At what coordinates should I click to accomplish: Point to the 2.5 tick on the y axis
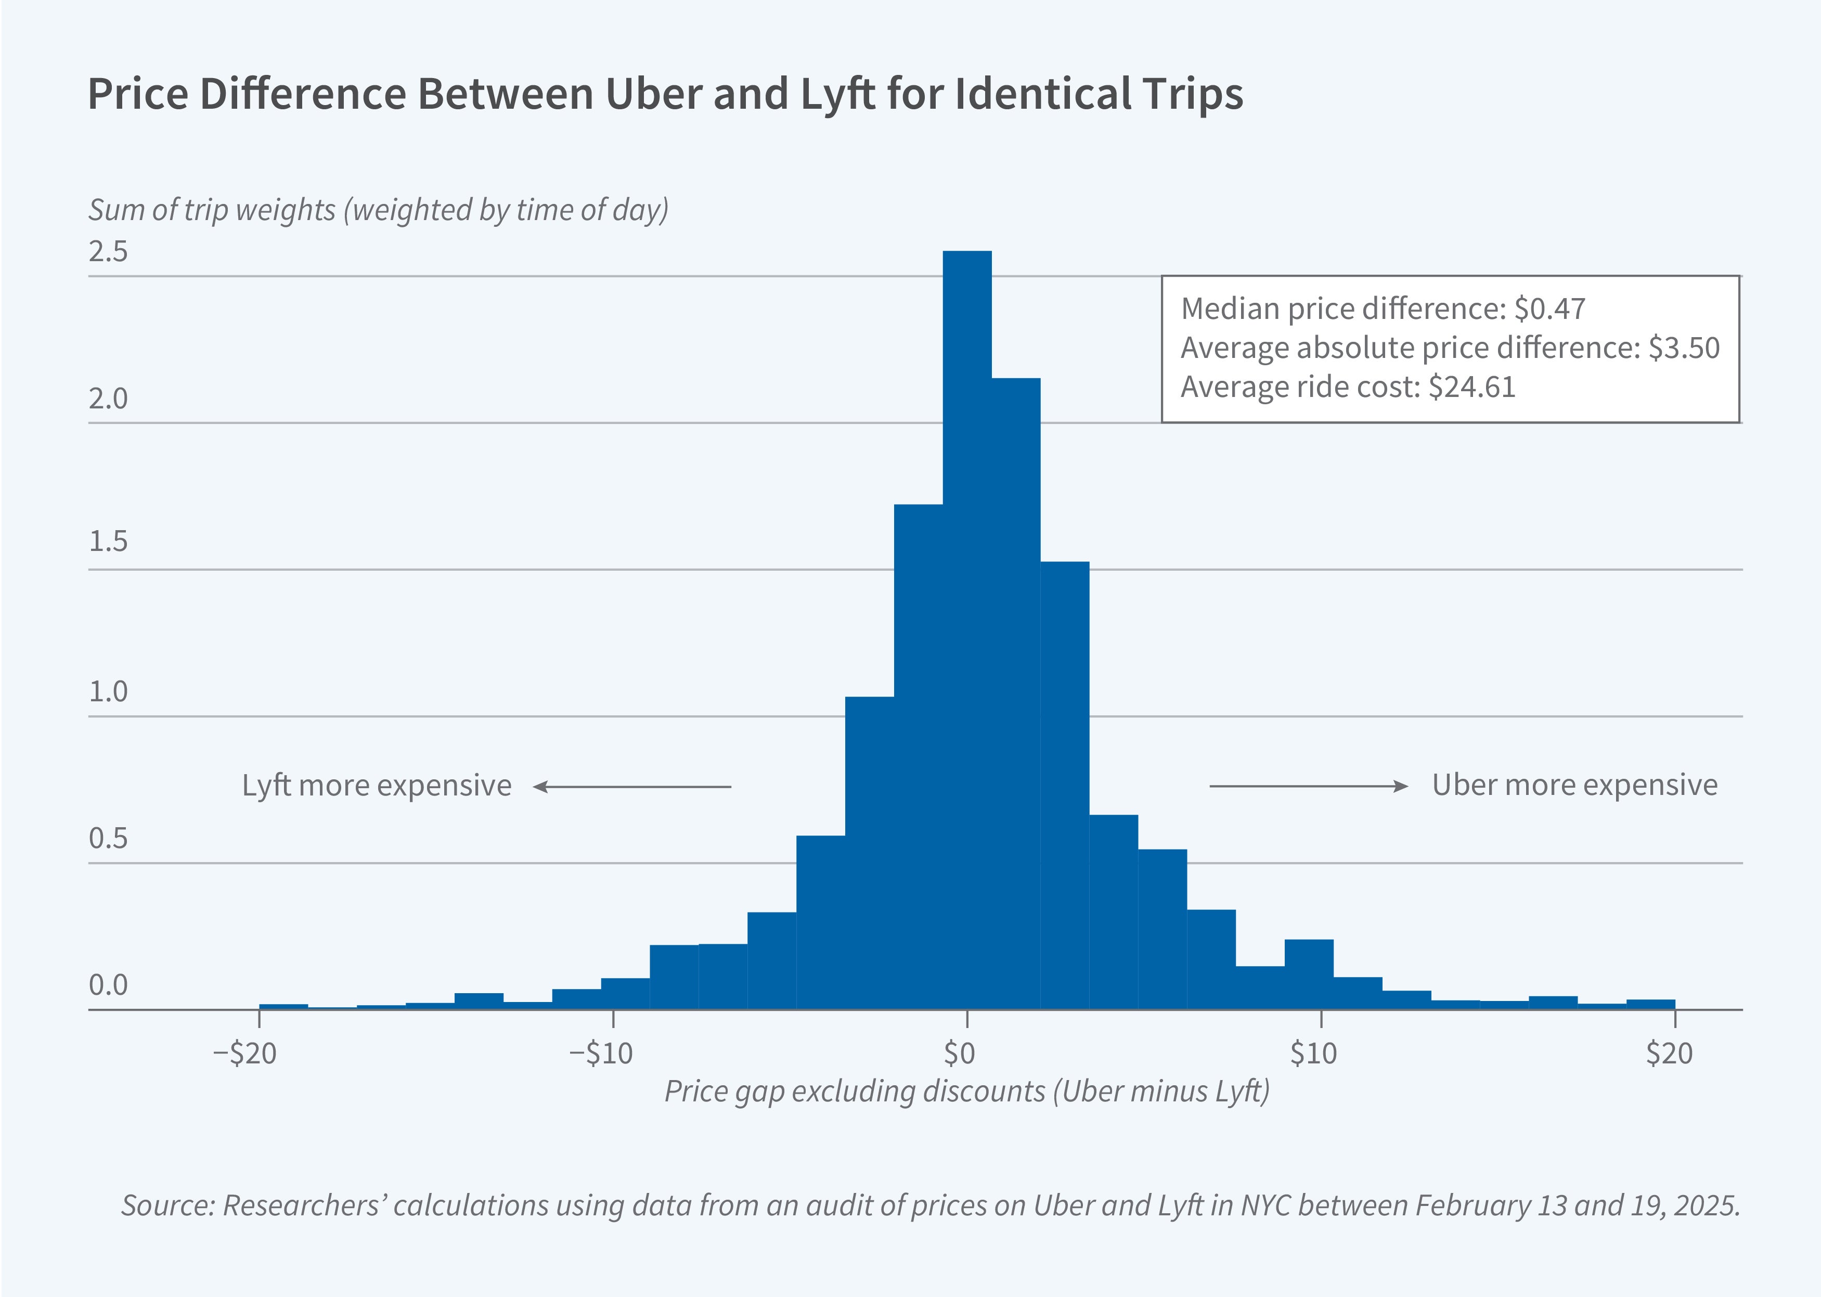(x=108, y=252)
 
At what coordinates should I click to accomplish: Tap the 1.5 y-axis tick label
(x=108, y=542)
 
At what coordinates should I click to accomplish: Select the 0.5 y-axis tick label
(x=108, y=839)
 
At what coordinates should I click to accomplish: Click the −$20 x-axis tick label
(x=245, y=1054)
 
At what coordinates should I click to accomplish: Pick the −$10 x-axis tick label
(x=600, y=1054)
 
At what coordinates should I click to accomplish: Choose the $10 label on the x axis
(x=1313, y=1054)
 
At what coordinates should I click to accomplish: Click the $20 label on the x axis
(x=1669, y=1054)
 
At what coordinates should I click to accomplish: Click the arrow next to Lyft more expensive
(x=631, y=787)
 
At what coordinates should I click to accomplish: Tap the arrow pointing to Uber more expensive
(x=1309, y=787)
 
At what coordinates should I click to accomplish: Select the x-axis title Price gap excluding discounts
(x=854, y=1091)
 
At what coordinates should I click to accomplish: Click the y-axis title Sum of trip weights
(x=212, y=210)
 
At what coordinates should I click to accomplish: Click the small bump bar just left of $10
(x=1309, y=974)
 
